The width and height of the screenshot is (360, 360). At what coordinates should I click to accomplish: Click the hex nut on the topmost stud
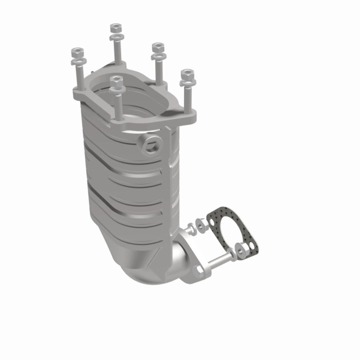click(116, 27)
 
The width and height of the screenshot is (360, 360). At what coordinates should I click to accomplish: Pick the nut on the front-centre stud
click(116, 80)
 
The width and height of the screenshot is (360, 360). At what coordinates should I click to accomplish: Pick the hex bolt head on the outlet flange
click(198, 270)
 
